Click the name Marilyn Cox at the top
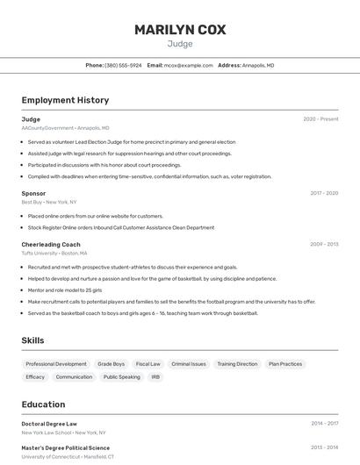[x=180, y=30]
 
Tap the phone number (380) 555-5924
[x=123, y=65]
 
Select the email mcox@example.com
[x=188, y=65]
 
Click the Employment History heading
[x=65, y=100]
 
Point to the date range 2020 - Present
[x=320, y=119]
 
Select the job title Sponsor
[x=33, y=193]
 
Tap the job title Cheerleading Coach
[x=51, y=245]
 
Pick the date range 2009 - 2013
[x=324, y=245]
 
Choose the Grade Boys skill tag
[x=112, y=364]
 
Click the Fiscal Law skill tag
[x=148, y=364]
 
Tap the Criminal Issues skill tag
[x=189, y=364]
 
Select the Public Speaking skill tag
[x=122, y=377]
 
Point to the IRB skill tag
[x=156, y=377]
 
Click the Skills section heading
[x=32, y=340]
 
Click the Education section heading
[x=43, y=404]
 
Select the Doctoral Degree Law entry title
[x=49, y=424]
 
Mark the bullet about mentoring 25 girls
[x=65, y=290]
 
